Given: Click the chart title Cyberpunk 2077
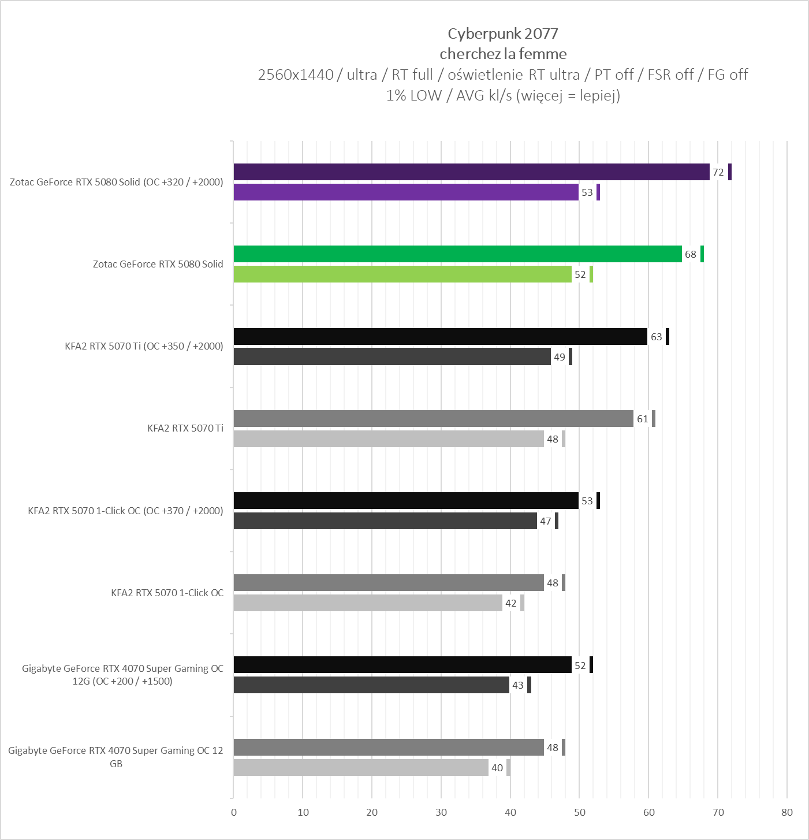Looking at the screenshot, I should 503,34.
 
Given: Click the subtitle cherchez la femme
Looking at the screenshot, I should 503,54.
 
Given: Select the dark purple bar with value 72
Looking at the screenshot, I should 471,172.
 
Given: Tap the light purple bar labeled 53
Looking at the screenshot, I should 406,192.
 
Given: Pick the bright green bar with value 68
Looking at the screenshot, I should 457,254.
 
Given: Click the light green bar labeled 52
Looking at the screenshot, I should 402,274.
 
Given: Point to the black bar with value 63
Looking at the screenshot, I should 440,337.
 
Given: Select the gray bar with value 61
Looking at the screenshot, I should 433,419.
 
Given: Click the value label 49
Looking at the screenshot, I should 560,357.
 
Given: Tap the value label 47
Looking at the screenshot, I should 546,521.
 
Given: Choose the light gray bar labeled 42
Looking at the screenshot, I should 368,603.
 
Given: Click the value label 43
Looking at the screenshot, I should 518,685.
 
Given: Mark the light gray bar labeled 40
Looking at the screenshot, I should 361,768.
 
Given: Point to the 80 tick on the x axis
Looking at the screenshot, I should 787,812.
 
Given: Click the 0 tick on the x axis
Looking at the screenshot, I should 234,812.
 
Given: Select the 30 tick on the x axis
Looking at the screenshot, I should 441,812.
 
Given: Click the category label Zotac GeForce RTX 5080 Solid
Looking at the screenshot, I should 158,264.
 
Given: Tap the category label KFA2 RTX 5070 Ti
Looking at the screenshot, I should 185,428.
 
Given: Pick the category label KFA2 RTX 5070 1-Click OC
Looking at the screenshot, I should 167,593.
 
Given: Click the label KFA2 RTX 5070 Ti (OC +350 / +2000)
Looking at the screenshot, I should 144,346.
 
